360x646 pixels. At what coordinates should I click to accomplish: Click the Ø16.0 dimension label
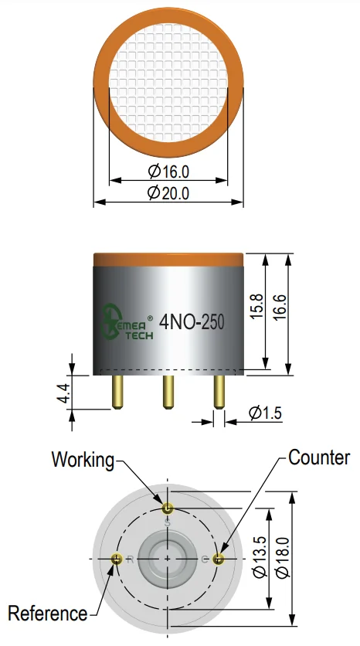click(168, 172)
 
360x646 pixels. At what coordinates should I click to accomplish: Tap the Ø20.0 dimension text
click(168, 193)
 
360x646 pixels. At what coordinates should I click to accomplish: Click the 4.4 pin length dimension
click(63, 393)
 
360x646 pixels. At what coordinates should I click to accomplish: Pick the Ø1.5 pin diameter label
click(266, 413)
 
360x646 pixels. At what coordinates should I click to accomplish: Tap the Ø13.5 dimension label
click(260, 557)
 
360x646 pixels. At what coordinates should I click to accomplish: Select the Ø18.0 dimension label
click(283, 557)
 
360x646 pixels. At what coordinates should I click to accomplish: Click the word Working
click(83, 459)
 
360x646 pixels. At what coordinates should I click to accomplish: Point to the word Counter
click(319, 457)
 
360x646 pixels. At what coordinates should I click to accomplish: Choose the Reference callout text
click(48, 614)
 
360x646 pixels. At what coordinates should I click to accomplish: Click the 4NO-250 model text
click(192, 322)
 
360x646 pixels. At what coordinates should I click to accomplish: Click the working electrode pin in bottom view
click(167, 508)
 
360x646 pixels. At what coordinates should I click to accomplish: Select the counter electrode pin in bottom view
click(218, 559)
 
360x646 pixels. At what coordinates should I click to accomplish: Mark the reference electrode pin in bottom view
click(117, 559)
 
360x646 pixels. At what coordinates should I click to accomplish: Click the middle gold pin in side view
click(168, 392)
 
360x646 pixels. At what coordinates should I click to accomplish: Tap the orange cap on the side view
click(168, 260)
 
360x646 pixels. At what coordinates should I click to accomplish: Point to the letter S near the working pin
click(167, 523)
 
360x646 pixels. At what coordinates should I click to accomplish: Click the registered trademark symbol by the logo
click(151, 318)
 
